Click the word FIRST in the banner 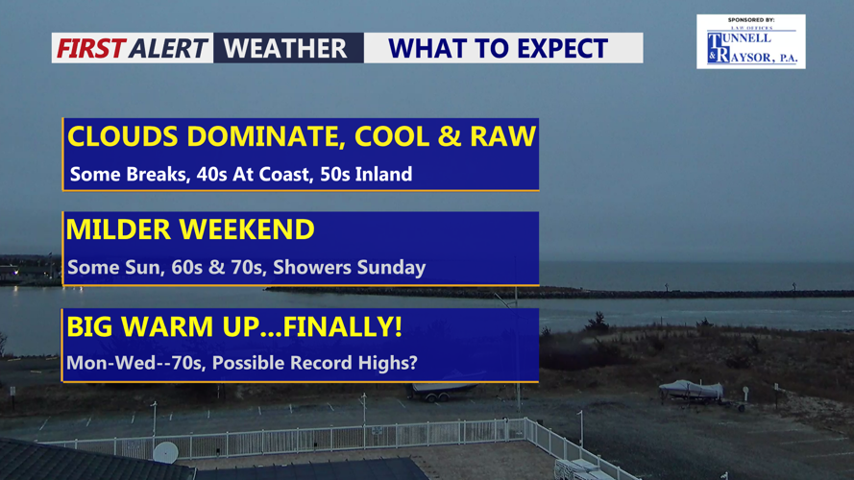91,48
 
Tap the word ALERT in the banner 169,48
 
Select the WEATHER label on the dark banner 285,48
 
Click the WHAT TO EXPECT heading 498,48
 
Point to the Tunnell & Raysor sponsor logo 751,42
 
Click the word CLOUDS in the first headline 123,136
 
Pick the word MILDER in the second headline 118,229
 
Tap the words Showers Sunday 349,267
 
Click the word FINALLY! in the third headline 343,326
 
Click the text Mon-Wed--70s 134,363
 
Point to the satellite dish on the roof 165,452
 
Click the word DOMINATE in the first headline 266,136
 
